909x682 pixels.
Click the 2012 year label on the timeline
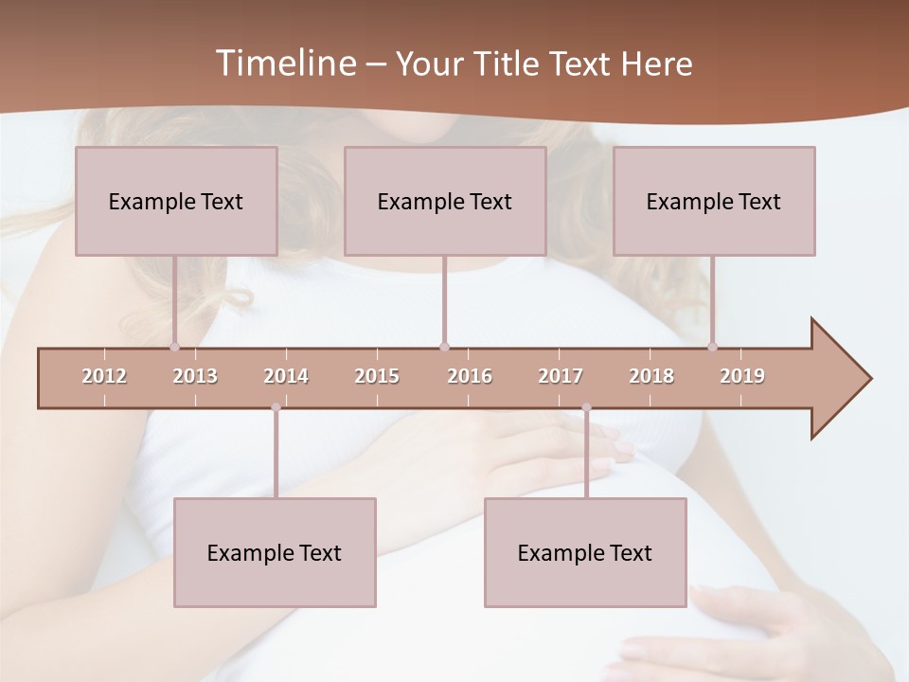[x=104, y=376]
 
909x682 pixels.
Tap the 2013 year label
[x=195, y=376]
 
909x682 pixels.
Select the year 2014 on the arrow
[x=286, y=376]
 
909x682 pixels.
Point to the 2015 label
[x=377, y=376]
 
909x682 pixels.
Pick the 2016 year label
[x=470, y=376]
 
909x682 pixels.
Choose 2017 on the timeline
[x=561, y=376]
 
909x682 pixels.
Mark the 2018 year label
[x=651, y=376]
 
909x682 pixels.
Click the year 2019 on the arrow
[x=742, y=376]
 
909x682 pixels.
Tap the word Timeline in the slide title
[x=285, y=63]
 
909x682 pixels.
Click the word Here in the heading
[x=656, y=63]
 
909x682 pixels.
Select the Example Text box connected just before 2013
[x=176, y=201]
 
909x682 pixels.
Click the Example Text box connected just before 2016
[x=445, y=201]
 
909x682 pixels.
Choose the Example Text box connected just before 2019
[x=714, y=201]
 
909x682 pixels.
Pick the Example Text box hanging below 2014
[x=275, y=552]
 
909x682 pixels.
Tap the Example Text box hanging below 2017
[x=585, y=552]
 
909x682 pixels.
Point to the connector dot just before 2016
[x=444, y=347]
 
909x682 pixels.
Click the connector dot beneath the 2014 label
[x=276, y=407]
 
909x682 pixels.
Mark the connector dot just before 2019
[x=713, y=347]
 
